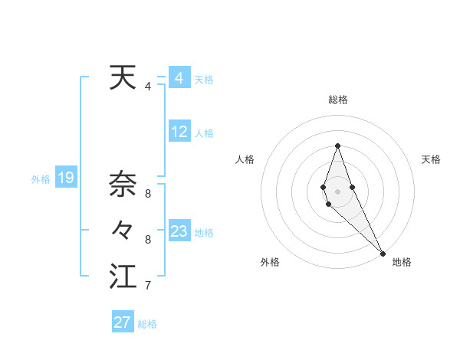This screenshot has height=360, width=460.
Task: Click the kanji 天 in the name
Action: point(123,78)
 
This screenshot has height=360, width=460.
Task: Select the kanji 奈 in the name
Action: point(123,184)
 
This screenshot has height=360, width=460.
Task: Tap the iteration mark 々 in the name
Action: point(123,230)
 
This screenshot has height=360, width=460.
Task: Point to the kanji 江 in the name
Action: point(123,277)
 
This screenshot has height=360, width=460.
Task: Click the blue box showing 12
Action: point(179,132)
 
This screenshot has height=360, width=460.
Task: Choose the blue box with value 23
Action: point(179,231)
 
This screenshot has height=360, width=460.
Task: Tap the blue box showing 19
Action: point(66,178)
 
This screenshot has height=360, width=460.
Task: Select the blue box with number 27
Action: point(123,322)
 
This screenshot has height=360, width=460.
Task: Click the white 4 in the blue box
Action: point(179,78)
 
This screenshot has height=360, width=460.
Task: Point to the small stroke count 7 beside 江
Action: point(148,286)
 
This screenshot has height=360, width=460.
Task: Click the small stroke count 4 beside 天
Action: point(148,87)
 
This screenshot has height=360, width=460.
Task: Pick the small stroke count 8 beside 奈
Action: point(148,193)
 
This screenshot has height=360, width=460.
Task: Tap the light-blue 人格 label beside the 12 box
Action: point(204,133)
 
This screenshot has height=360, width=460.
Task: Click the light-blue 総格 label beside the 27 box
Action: point(147,324)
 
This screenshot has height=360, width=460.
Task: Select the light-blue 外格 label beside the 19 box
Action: point(41,179)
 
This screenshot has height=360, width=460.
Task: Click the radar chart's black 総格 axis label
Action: point(337,100)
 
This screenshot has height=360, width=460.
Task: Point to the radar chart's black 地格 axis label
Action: point(402,262)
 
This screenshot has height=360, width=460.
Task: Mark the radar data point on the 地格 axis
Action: point(382,252)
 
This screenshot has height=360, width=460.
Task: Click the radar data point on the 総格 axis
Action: point(337,146)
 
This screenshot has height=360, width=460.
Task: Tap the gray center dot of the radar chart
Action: point(337,191)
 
